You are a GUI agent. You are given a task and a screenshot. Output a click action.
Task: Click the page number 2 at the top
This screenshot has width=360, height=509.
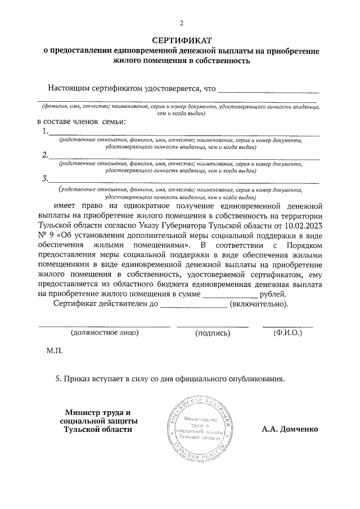181,23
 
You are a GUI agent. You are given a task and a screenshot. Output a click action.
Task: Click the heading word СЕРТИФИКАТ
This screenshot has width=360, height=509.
181,40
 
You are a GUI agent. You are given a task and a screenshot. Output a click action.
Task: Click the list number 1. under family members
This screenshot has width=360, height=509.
46,132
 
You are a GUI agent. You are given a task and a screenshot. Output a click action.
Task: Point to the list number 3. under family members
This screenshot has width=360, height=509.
46,179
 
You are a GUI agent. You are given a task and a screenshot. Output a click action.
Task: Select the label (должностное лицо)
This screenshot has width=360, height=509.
104,333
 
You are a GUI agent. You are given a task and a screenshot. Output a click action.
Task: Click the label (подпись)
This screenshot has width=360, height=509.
213,333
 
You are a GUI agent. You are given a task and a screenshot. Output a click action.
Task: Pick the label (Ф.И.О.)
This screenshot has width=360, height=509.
287,333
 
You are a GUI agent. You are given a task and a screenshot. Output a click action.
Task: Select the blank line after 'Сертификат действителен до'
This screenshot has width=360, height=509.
194,306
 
